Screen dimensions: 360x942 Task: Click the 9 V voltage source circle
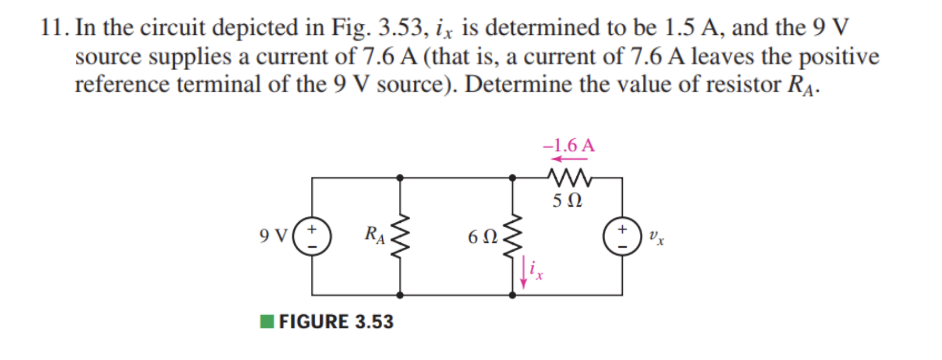point(312,237)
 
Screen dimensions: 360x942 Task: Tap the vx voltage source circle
point(622,237)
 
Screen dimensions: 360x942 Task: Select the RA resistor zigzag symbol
point(400,237)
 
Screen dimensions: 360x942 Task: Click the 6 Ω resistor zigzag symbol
point(513,237)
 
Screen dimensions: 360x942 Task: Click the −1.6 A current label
point(569,145)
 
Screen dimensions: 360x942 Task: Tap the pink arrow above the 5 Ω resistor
point(569,159)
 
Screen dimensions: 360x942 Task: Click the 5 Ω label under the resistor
point(567,200)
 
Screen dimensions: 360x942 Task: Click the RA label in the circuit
point(374,234)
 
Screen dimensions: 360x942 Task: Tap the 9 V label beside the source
point(273,236)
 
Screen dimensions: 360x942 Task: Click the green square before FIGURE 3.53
point(267,321)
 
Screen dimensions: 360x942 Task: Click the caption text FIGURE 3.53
point(336,321)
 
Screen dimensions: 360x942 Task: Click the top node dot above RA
point(400,178)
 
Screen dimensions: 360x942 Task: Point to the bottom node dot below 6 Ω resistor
point(513,295)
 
